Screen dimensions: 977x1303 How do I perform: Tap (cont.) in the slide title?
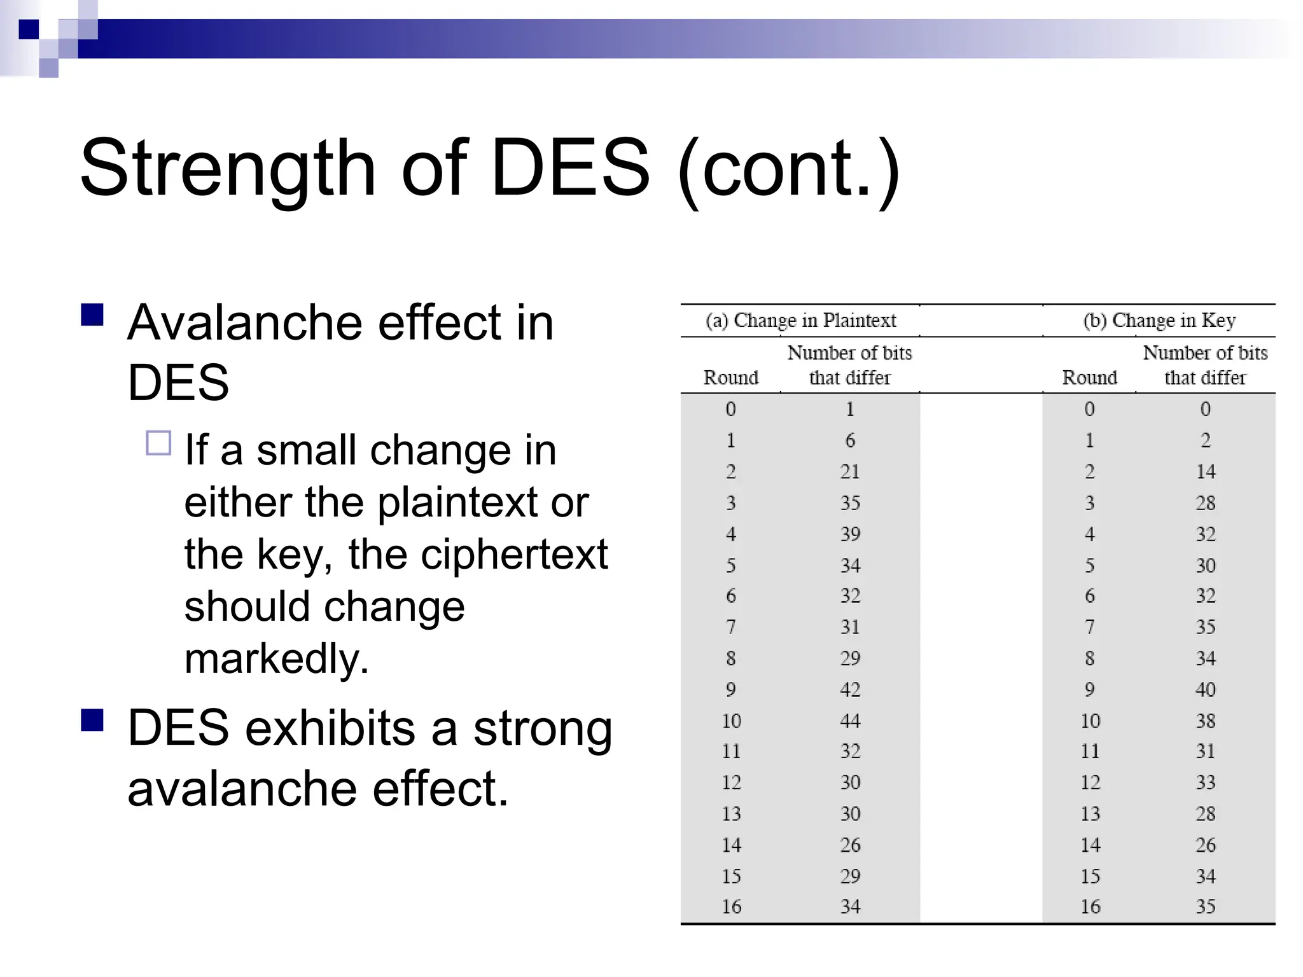click(x=789, y=169)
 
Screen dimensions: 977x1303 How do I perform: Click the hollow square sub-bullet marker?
click(x=158, y=443)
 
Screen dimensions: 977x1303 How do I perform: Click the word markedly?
click(x=276, y=658)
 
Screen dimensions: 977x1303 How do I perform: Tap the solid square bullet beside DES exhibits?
click(x=92, y=720)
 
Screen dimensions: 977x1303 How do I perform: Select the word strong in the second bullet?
click(x=542, y=728)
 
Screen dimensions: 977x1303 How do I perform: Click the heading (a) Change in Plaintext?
click(x=800, y=321)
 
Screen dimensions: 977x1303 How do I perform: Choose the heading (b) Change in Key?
click(x=1159, y=321)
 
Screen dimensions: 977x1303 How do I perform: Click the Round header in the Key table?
click(x=1089, y=378)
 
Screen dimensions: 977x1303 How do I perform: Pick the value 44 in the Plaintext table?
click(x=850, y=721)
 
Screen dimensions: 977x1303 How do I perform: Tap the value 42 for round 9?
click(x=850, y=689)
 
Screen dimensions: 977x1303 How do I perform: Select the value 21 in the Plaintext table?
click(x=850, y=472)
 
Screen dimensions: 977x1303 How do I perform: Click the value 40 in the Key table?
click(x=1205, y=689)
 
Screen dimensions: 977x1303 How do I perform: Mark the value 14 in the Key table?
click(x=1205, y=472)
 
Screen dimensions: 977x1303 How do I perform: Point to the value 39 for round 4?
click(x=850, y=534)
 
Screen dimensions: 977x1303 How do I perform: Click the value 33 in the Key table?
click(x=1205, y=782)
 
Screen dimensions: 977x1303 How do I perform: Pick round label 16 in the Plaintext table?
click(x=731, y=907)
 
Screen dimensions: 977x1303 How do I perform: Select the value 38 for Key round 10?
click(x=1205, y=721)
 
